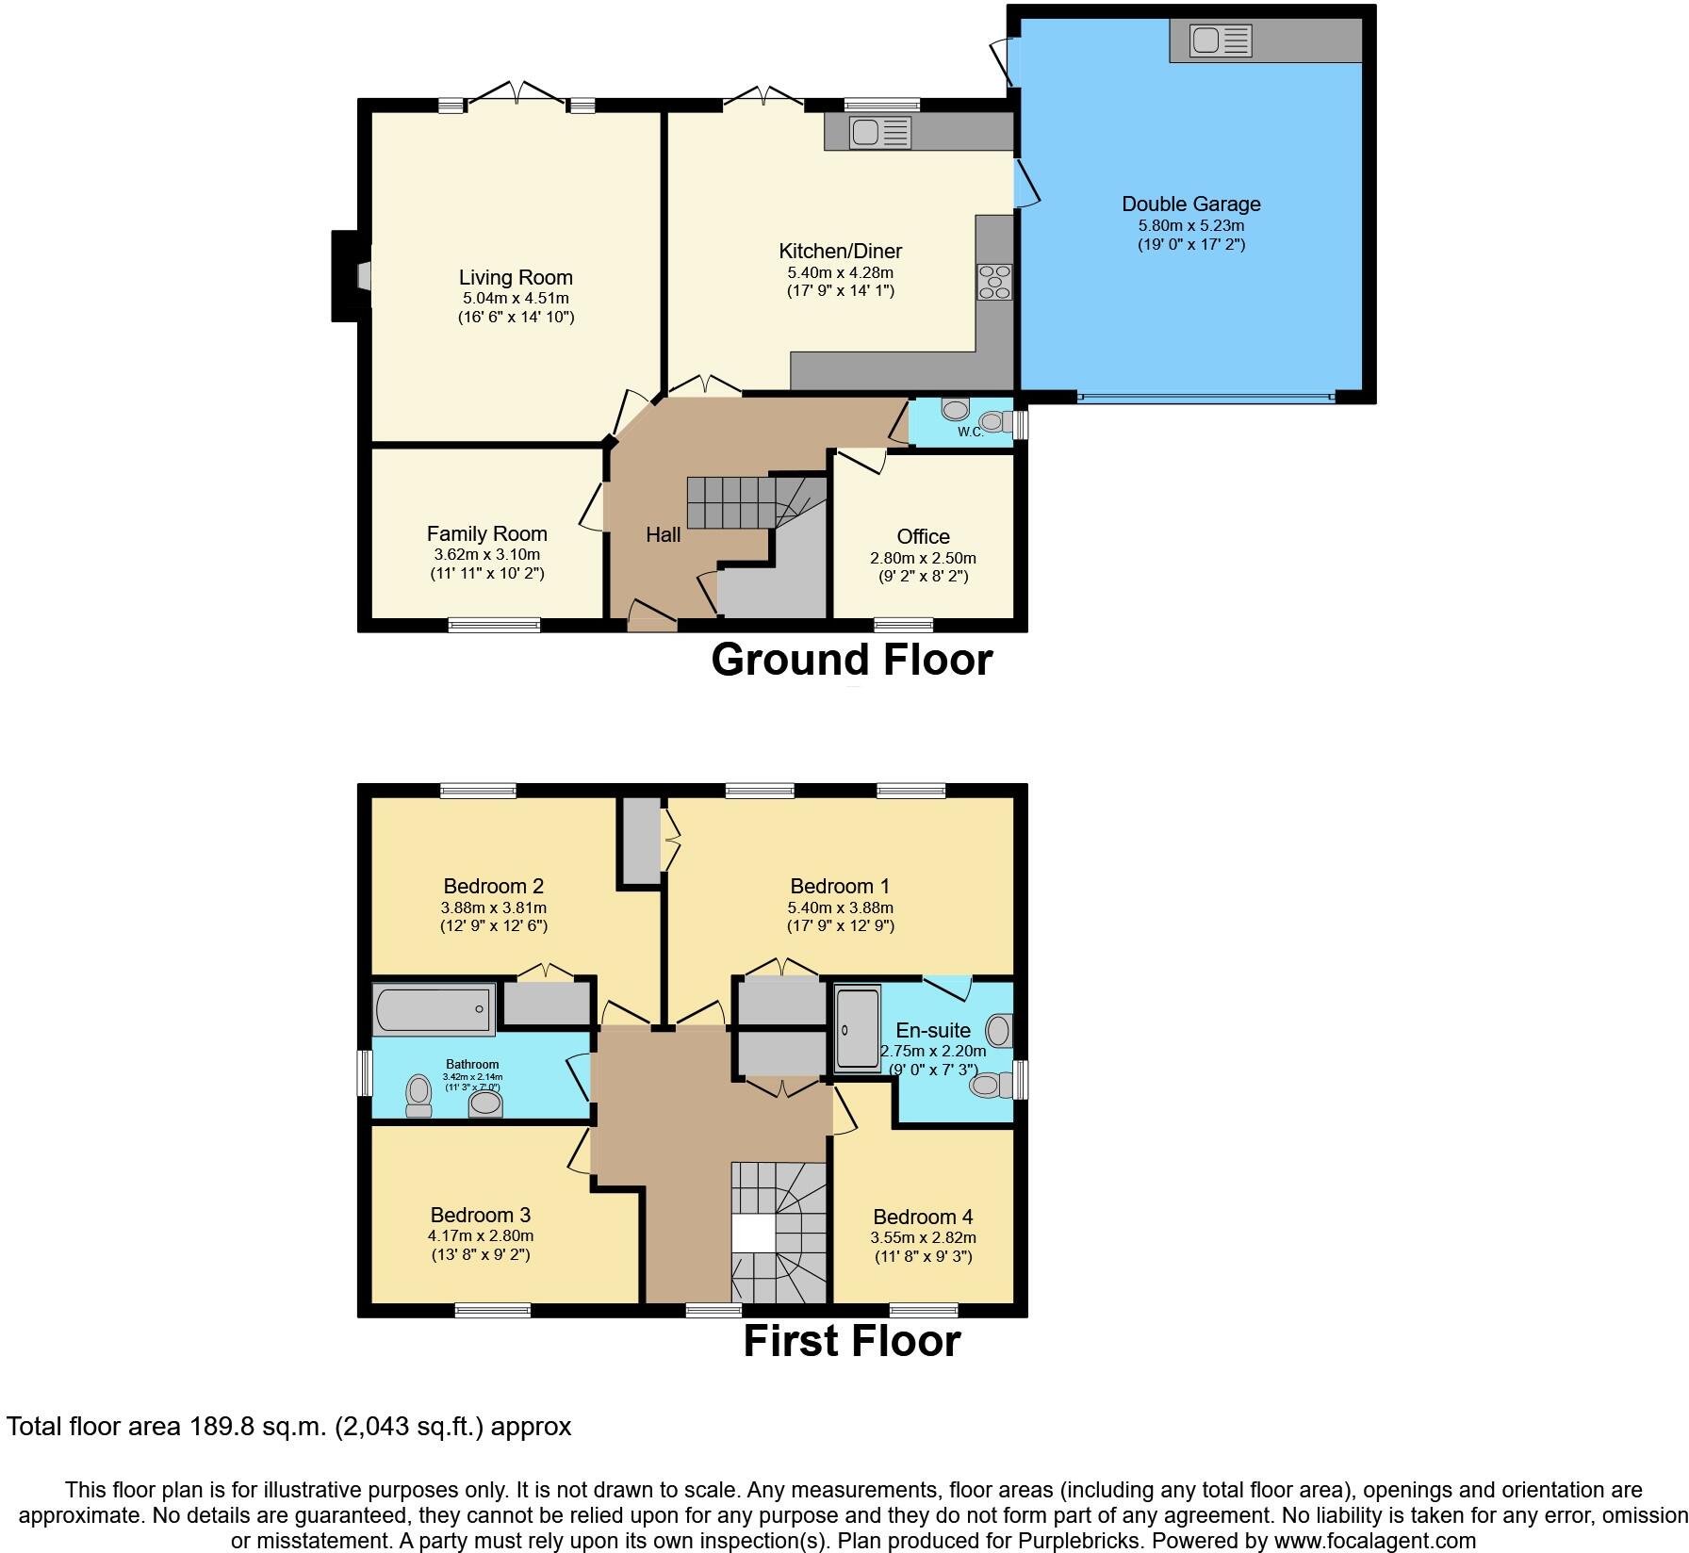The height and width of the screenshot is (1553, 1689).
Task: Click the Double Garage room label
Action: pyautogui.click(x=1190, y=204)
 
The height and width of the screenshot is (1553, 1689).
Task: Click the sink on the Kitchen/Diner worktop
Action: pyautogui.click(x=879, y=132)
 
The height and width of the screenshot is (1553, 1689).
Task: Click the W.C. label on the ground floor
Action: pyautogui.click(x=971, y=432)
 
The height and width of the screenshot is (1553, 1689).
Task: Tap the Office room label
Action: pyautogui.click(x=923, y=536)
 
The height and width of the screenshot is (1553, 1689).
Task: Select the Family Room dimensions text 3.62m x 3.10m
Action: pyautogui.click(x=485, y=554)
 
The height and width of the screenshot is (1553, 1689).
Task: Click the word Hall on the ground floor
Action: pyautogui.click(x=663, y=534)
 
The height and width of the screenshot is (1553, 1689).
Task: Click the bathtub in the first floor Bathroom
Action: pyautogui.click(x=434, y=1009)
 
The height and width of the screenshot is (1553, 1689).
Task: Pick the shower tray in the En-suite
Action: pyautogui.click(x=857, y=1027)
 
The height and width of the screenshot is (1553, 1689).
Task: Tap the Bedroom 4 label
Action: pyautogui.click(x=923, y=1217)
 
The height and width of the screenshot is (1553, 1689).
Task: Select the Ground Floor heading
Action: pyautogui.click(x=851, y=660)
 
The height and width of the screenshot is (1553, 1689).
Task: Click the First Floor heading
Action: pyautogui.click(x=851, y=1340)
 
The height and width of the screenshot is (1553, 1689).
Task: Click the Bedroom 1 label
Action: pyautogui.click(x=839, y=886)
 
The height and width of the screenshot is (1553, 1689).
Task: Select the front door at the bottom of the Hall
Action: pyautogui.click(x=652, y=623)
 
